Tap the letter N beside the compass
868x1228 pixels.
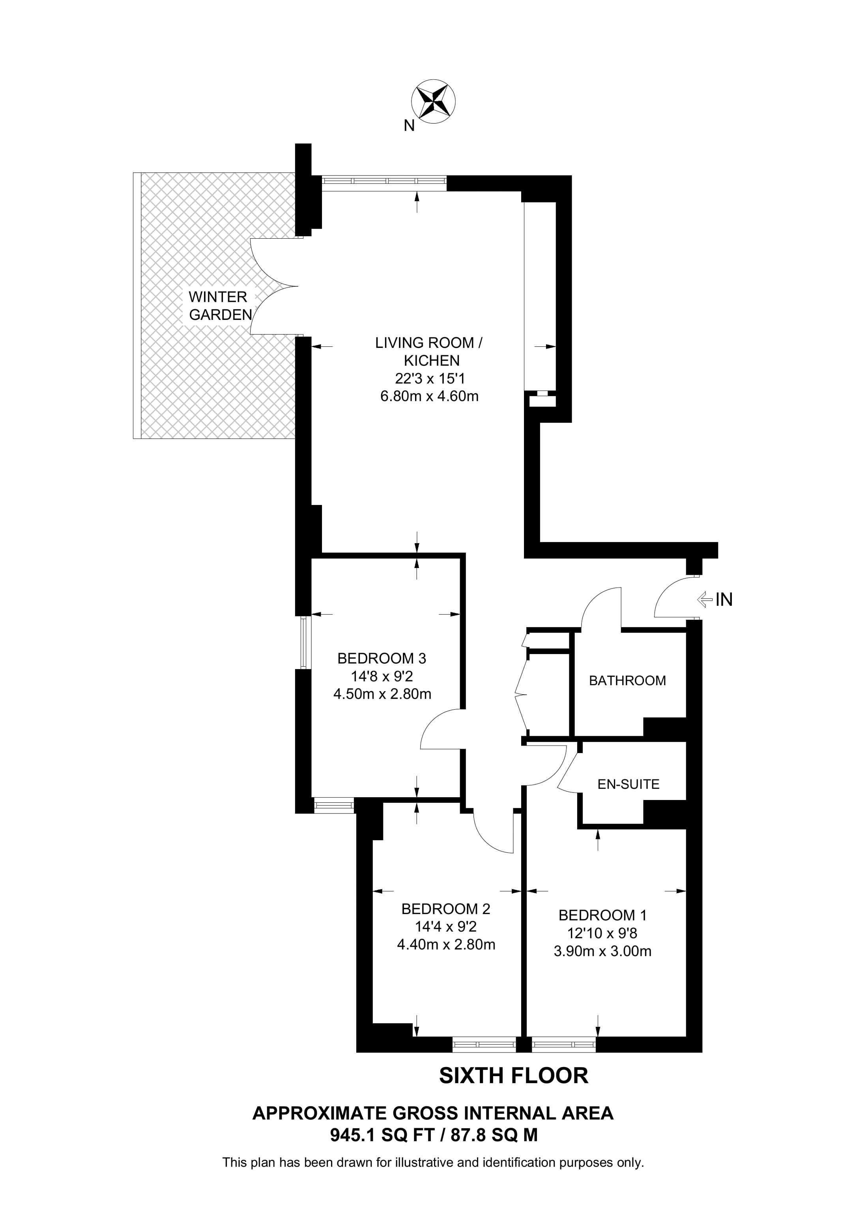(x=409, y=126)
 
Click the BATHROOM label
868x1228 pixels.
(x=627, y=681)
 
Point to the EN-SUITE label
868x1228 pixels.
(x=629, y=784)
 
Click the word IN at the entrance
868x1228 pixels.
(x=724, y=600)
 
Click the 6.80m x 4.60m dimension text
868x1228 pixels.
(x=429, y=396)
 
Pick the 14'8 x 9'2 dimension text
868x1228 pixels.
(x=382, y=677)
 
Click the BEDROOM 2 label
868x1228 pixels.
(x=445, y=909)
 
